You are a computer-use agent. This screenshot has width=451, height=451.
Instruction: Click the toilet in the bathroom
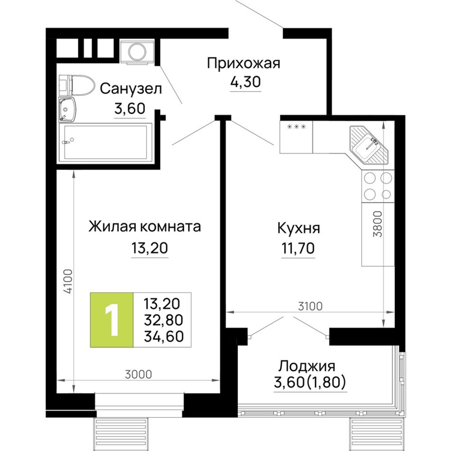77,85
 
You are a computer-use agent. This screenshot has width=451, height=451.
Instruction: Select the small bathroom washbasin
67,109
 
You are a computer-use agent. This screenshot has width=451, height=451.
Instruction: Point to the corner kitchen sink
369,145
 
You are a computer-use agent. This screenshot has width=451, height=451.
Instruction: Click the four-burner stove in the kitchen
378,186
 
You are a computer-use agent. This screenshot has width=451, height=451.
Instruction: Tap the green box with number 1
112,320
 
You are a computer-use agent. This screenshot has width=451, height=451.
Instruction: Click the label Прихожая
244,63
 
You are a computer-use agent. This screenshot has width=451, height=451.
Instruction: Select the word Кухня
298,228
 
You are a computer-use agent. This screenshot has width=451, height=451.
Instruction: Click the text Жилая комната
144,226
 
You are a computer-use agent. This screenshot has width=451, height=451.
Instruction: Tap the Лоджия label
307,366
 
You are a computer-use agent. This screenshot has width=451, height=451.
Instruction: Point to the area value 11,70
298,248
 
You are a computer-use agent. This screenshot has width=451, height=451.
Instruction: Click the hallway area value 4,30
245,82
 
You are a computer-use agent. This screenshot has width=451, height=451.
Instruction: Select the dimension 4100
68,282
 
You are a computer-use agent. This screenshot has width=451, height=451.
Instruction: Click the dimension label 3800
378,224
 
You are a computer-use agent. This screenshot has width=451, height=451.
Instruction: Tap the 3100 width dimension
310,306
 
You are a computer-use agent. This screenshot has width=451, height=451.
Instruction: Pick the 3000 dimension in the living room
138,375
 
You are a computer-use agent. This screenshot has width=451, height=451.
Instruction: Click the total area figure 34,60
164,336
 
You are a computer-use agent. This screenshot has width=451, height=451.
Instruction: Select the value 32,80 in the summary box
164,320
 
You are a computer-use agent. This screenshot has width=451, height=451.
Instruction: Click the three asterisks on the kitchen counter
297,127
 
